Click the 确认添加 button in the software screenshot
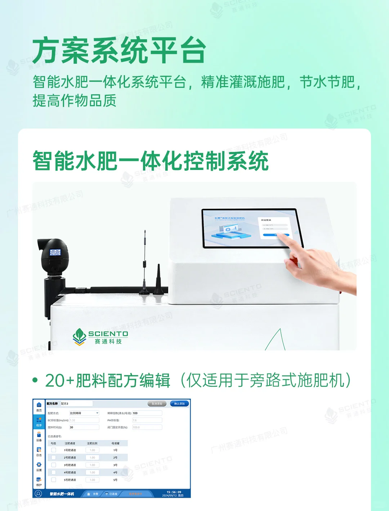pos(179,404)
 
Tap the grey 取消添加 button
pos(157,404)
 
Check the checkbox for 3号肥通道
pos(54,465)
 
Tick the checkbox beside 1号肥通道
pos(54,450)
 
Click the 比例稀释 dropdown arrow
pos(97,413)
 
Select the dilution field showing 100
pos(147,413)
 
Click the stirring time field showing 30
pos(84,427)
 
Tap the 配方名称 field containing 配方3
pos(76,404)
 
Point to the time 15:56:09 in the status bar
pos(174,492)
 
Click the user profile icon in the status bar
pos(38,494)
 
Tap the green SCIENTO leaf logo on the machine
pos(79,336)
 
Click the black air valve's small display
pos(55,252)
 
